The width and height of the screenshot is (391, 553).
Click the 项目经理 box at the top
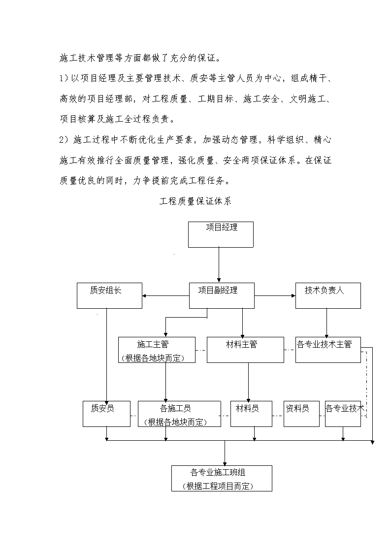pos(221,234)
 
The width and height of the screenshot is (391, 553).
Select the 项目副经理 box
pos(222,295)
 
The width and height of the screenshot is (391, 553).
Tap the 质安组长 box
pos(110,295)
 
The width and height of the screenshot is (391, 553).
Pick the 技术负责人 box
pos(328,295)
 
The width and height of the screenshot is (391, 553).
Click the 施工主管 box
pos(157,350)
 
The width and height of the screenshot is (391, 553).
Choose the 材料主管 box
pos(245,350)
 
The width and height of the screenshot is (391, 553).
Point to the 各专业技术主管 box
pos(328,350)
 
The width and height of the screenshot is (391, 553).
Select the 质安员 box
pos(106,414)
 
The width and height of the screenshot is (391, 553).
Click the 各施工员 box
pos(179,414)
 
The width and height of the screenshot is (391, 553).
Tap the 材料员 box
pos(251,414)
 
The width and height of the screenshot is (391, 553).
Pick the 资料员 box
pos(301,414)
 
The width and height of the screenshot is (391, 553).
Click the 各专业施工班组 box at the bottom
pos(222,478)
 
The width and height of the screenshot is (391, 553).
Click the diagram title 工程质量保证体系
pos(195,201)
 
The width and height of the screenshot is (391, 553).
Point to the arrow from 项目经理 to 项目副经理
pos(219,265)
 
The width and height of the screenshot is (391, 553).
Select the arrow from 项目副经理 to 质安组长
pos(166,295)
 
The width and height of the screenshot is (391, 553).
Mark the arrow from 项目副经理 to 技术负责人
pos(275,295)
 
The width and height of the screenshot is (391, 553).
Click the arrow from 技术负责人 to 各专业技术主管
pos(326,323)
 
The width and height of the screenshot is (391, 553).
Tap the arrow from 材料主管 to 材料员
pos(248,382)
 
